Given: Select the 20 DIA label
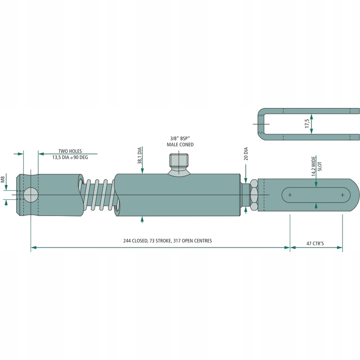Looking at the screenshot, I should click(x=246, y=153).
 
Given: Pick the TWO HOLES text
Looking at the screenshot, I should click(x=70, y=152).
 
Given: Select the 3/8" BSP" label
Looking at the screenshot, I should click(x=180, y=139).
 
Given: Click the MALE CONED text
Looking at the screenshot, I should click(x=180, y=145).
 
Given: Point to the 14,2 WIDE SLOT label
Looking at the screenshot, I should click(x=317, y=167).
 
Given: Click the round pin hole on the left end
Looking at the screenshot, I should click(x=31, y=195).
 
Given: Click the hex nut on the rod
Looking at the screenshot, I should click(x=253, y=195).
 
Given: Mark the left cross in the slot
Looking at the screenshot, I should click(x=290, y=195).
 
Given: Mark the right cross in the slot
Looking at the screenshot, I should click(x=342, y=195).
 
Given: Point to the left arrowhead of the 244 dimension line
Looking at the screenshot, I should click(x=33, y=247).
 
